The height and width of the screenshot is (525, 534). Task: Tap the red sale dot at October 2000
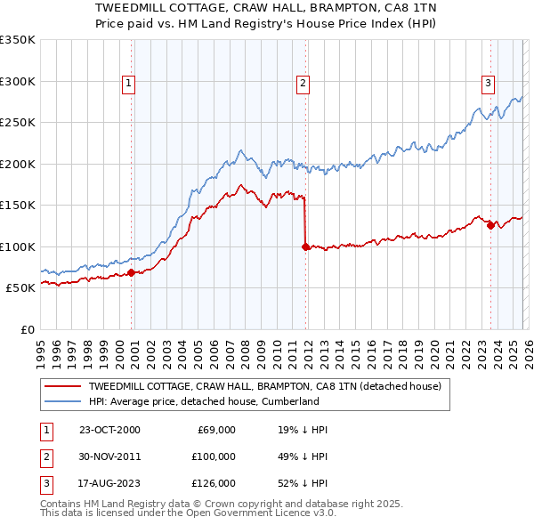[x=132, y=272]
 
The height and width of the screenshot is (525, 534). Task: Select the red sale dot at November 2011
[x=306, y=246]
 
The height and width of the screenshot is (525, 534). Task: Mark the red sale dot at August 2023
[x=490, y=225]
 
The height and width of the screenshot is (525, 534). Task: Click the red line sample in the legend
[x=62, y=387]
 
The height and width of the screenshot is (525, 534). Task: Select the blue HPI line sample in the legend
[x=62, y=401]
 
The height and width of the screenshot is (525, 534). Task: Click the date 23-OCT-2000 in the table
[x=109, y=430]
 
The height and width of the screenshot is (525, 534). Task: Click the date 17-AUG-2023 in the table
[x=109, y=483]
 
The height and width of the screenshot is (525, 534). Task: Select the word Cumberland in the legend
[x=291, y=401]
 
